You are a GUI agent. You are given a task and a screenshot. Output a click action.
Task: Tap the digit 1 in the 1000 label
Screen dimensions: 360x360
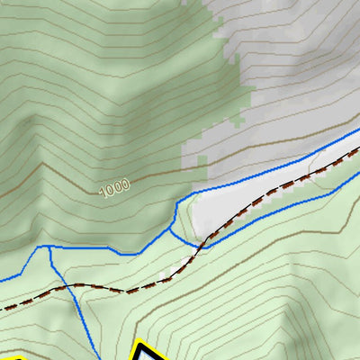[x=103, y=192]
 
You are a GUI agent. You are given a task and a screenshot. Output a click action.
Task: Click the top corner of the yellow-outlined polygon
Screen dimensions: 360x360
[x=140, y=342]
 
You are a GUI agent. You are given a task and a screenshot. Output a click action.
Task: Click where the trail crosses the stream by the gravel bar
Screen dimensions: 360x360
[x=204, y=241]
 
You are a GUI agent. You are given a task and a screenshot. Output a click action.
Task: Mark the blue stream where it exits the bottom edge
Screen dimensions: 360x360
[x=94, y=357]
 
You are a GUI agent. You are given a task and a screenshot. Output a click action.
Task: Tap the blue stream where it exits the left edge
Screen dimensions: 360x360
[x=3, y=280]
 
